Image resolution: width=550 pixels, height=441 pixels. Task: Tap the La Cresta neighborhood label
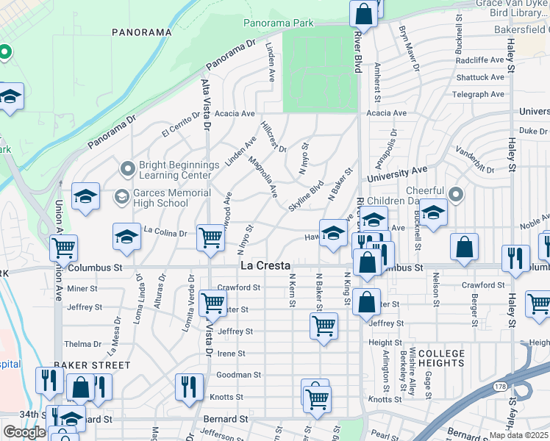[x=265, y=265]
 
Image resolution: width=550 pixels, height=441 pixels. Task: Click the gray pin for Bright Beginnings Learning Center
[x=128, y=170]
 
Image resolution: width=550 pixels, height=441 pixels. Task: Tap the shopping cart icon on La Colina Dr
[x=211, y=238]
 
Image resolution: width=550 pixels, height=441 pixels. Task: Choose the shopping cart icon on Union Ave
[x=64, y=249]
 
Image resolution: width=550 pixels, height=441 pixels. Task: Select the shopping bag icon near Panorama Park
[x=363, y=12]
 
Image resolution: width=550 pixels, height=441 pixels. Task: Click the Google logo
[x=24, y=432]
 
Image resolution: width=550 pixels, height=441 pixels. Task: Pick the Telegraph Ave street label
[x=479, y=94]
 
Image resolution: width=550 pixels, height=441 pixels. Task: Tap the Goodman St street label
[x=235, y=375]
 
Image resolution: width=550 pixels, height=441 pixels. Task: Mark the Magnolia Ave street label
[x=262, y=177]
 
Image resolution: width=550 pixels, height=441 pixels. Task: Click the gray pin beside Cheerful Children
[x=456, y=195]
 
